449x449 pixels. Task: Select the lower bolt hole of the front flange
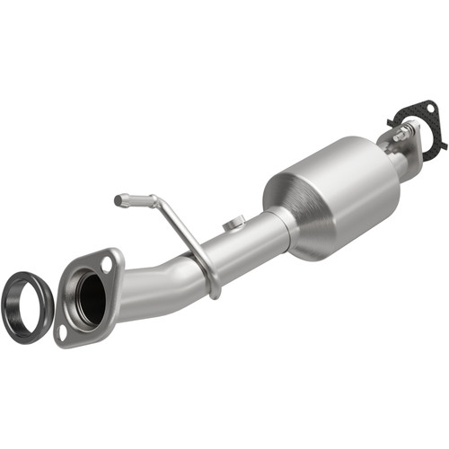(x=64, y=330)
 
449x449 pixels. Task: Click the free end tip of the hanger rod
(x=119, y=199)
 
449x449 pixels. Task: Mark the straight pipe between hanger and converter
(x=247, y=244)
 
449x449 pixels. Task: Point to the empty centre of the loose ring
(x=25, y=310)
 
